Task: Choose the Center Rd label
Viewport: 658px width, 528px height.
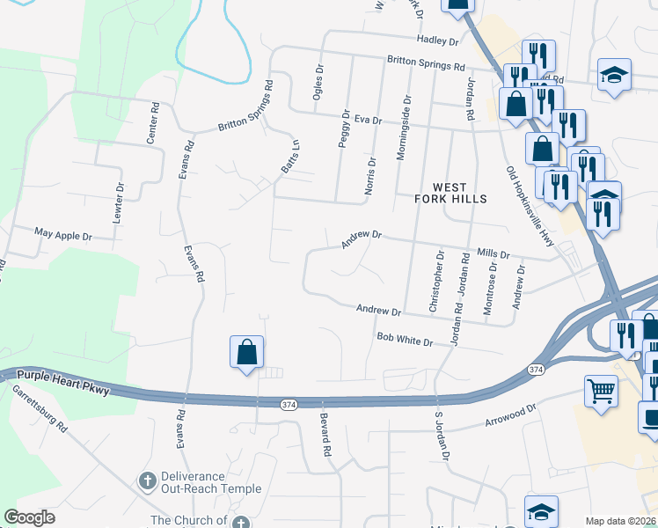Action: tap(152, 124)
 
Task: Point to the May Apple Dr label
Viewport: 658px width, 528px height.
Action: tap(62, 236)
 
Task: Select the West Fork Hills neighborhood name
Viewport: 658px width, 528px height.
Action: tap(450, 194)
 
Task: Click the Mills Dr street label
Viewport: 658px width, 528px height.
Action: tap(493, 253)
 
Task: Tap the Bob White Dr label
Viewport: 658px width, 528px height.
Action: tap(406, 339)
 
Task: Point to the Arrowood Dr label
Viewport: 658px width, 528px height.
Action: tap(510, 416)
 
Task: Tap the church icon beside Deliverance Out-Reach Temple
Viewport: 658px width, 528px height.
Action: tap(148, 481)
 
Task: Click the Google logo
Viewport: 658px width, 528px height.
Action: tap(30, 517)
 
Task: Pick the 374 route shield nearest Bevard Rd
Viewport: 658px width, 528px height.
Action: tap(288, 405)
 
